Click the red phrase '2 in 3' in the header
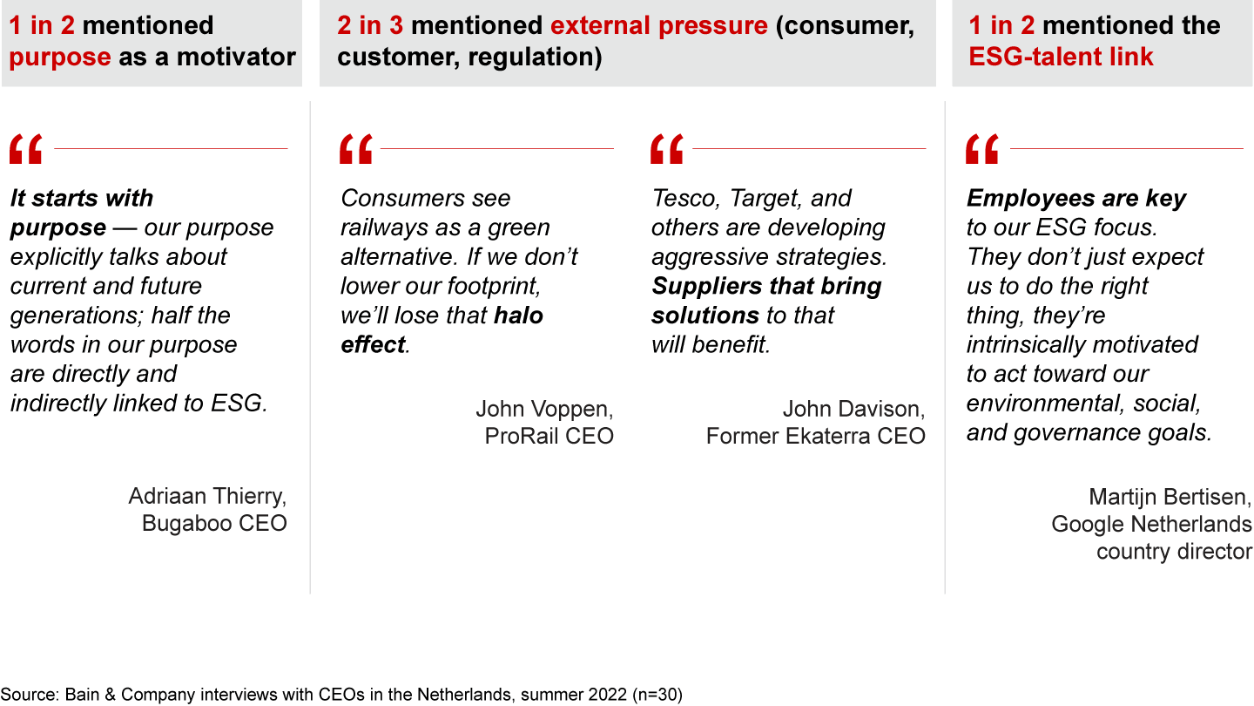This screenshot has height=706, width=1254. [370, 25]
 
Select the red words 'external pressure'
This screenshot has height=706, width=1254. [659, 25]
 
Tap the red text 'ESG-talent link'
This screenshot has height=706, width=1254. [1061, 57]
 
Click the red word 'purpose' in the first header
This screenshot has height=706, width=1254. [60, 58]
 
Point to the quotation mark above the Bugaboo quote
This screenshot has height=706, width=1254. [26, 149]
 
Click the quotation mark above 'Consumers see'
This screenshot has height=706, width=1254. [356, 149]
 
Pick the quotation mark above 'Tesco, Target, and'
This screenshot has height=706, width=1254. [667, 149]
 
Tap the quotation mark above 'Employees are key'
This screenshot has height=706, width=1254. [982, 149]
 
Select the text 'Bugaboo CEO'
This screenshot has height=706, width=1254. [214, 523]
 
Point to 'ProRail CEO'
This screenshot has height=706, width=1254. [549, 436]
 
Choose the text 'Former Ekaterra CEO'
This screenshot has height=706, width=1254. [816, 436]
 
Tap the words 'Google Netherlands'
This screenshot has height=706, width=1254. [1151, 525]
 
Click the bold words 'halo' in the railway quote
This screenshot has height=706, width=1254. [518, 316]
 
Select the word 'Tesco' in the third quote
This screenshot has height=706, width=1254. [683, 199]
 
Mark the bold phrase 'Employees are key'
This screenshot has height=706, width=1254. [1076, 199]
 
